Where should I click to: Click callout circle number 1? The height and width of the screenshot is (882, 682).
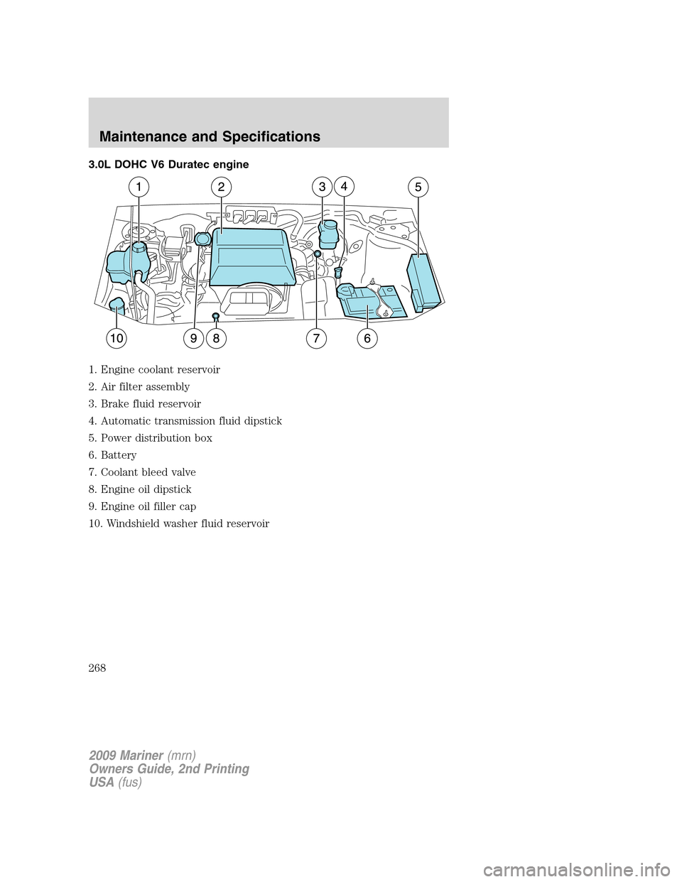tap(139, 187)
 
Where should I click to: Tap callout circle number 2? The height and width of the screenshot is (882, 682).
tap(221, 187)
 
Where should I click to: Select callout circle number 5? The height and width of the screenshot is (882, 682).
tap(418, 187)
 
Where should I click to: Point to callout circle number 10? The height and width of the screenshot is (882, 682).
tap(117, 339)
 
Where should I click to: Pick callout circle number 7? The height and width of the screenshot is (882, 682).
tap(317, 339)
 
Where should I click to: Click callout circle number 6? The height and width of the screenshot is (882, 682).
tap(367, 339)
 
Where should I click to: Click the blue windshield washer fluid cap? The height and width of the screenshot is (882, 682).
tap(117, 307)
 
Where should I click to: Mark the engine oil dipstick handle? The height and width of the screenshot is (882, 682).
tap(215, 315)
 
